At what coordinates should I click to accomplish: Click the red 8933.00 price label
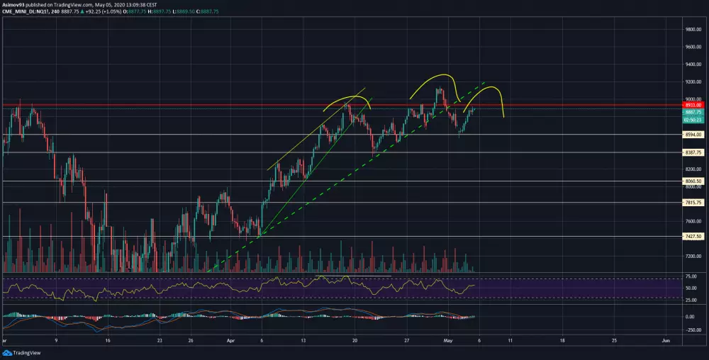pyautogui.click(x=693, y=105)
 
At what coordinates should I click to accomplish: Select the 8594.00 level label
pyautogui.click(x=693, y=135)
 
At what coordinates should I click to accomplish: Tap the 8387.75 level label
pyautogui.click(x=693, y=152)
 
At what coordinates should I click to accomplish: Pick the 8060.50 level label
pyautogui.click(x=693, y=181)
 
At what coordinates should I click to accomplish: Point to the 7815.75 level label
pyautogui.click(x=693, y=203)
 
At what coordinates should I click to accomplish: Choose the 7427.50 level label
pyautogui.click(x=693, y=237)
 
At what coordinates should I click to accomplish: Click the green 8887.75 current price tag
pyautogui.click(x=693, y=113)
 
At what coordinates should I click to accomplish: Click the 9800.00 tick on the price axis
pyautogui.click(x=693, y=30)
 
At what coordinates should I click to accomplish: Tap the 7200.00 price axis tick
pyautogui.click(x=693, y=256)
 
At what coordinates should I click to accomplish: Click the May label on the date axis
pyautogui.click(x=448, y=340)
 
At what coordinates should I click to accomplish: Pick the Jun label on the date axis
pyautogui.click(x=665, y=340)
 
